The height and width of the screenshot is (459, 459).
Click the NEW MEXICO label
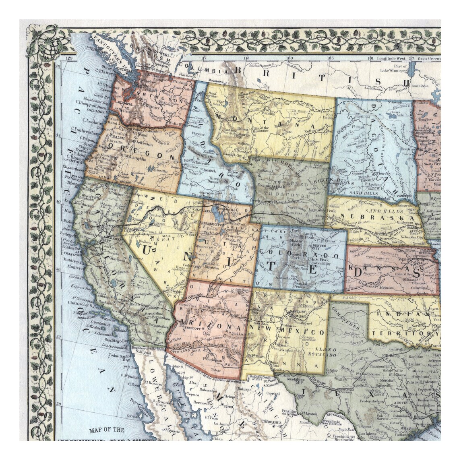click(x=287, y=333)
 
